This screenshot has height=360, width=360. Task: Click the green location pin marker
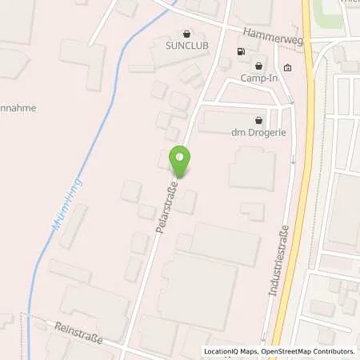(180, 160)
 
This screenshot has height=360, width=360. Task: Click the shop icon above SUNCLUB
(187, 34)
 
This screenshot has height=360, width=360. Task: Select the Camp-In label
(258, 78)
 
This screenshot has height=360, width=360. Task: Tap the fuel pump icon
(241, 53)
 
